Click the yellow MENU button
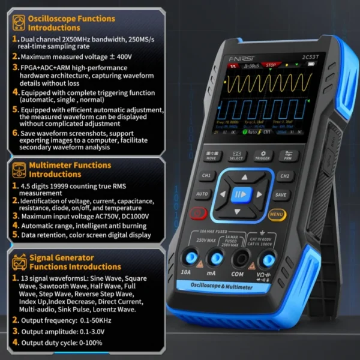(x=277, y=213)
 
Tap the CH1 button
(x=206, y=176)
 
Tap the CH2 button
(x=284, y=176)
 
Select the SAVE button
(x=281, y=194)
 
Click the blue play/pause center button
(x=241, y=194)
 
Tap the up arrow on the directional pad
(x=242, y=178)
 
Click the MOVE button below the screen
(x=211, y=156)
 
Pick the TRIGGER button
(x=262, y=156)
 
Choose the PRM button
(x=288, y=156)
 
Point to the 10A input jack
(x=191, y=259)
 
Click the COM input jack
(x=242, y=260)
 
